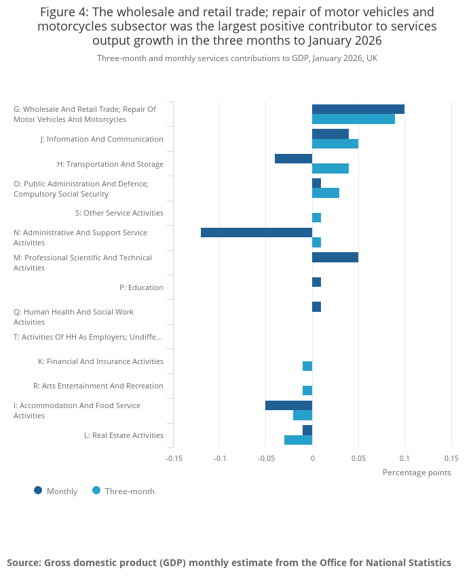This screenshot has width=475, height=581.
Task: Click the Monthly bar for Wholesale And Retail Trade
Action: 358,109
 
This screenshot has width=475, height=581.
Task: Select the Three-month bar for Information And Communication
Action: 335,144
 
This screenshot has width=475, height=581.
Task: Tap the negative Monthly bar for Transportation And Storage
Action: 293,159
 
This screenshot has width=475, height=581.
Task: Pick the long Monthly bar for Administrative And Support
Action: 256,233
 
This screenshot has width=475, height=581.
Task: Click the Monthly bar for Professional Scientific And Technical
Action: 335,258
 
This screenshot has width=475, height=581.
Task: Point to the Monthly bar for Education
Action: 316,282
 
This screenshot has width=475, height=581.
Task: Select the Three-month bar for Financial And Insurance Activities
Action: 307,366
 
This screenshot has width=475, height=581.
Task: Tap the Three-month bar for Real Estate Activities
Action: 298,440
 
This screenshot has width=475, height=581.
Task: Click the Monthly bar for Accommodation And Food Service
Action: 288,405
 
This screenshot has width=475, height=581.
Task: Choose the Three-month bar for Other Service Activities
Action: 316,218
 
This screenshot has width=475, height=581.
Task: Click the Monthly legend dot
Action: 38,491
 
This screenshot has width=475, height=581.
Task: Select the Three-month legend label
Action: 130,492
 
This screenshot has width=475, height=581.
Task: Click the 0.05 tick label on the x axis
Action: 358,458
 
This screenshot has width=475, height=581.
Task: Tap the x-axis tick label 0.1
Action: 404,458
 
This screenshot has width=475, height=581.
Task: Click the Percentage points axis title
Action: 417,473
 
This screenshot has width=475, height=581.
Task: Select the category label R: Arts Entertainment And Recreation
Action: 98,386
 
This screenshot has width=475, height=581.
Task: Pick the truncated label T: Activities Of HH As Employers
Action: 88,337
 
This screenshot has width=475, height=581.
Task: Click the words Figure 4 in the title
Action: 64,12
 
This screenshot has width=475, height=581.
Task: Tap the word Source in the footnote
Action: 24,563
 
